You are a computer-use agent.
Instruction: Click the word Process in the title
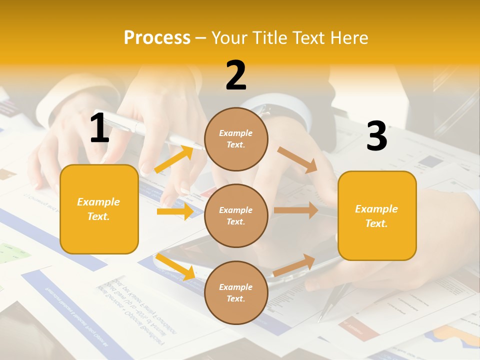pos(157,37)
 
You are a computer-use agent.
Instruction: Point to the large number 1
pos(99,128)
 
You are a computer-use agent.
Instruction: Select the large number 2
pos(236,75)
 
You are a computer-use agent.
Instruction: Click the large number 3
pos(376,136)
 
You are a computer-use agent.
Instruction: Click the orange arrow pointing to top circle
pos(174,159)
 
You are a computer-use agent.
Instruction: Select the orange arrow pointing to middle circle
pos(175,211)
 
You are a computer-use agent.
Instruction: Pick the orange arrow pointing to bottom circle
pos(175,266)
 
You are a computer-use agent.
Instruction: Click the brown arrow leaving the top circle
pos(297,160)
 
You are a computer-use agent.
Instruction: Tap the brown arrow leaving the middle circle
pos(295,210)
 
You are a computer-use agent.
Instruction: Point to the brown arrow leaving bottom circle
pos(294,265)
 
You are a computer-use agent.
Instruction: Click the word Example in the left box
pos(98,202)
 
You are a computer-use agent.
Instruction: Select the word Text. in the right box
pos(376,223)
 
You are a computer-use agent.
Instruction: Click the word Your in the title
pos(229,37)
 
